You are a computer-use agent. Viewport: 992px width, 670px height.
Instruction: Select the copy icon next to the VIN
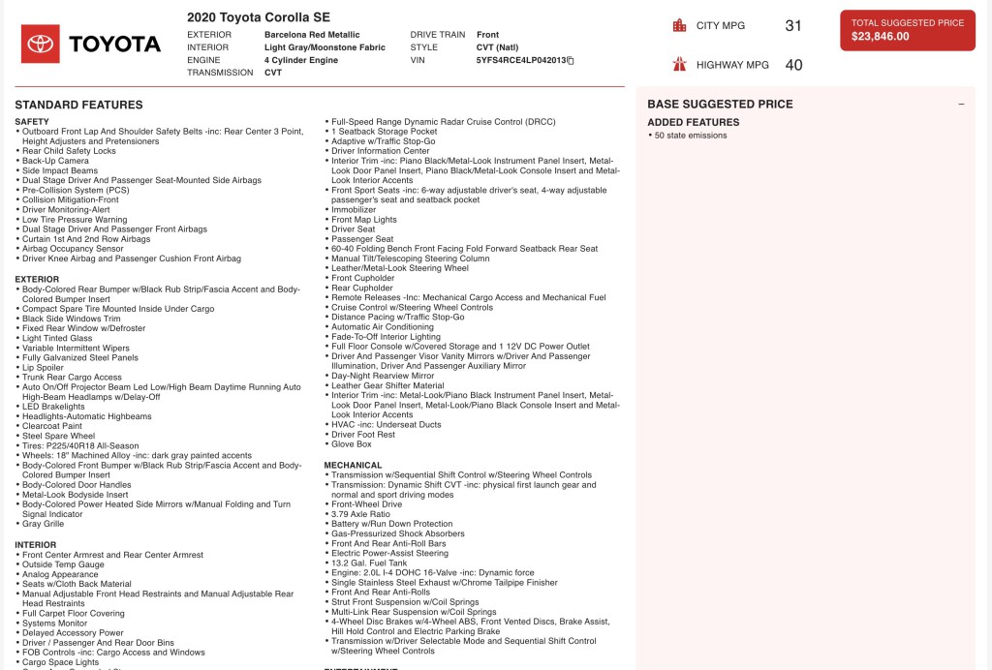571,60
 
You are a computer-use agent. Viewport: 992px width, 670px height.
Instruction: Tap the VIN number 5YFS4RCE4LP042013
520,60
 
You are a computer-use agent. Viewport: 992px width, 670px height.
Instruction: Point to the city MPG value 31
793,26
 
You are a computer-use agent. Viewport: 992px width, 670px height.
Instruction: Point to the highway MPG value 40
793,65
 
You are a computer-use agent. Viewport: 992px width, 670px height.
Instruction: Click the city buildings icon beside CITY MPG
679,26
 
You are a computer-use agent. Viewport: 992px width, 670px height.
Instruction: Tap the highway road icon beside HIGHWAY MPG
679,65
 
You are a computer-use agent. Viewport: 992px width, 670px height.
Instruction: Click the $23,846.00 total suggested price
881,37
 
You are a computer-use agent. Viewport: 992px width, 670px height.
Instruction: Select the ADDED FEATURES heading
693,122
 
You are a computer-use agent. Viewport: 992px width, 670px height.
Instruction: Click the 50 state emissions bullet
692,136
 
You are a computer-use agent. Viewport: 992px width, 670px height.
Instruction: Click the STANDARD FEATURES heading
78,105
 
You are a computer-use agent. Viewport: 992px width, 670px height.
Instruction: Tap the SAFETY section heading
32,122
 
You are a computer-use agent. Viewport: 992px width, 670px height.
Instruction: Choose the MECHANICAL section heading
354,465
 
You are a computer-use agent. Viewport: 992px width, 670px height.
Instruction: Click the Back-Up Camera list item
55,161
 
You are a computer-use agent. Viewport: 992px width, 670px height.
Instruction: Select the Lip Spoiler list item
46,367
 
